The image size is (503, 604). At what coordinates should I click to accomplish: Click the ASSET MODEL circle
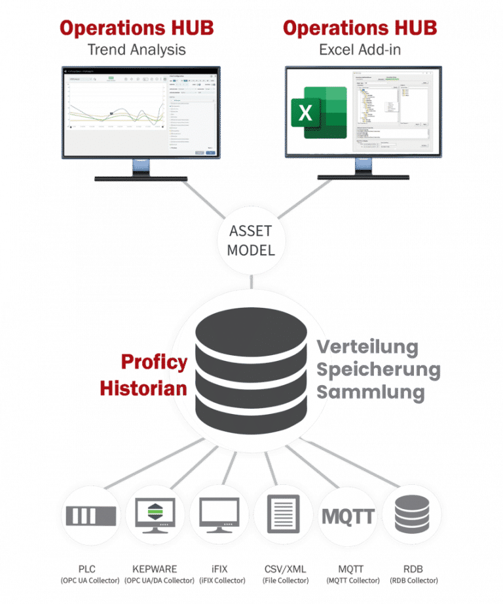(251, 240)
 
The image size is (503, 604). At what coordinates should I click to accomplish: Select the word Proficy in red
(154, 362)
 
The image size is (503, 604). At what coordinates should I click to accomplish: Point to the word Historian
(143, 387)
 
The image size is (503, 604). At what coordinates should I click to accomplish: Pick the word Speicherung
(379, 369)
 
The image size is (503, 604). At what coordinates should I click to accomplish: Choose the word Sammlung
(371, 392)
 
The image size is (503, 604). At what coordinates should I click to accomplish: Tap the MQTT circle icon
(347, 516)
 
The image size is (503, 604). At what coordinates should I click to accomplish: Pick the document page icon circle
(282, 516)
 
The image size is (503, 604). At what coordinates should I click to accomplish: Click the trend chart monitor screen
(141, 112)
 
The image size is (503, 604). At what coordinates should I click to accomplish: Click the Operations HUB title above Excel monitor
(360, 28)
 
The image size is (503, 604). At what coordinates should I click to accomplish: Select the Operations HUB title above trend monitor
(137, 28)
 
